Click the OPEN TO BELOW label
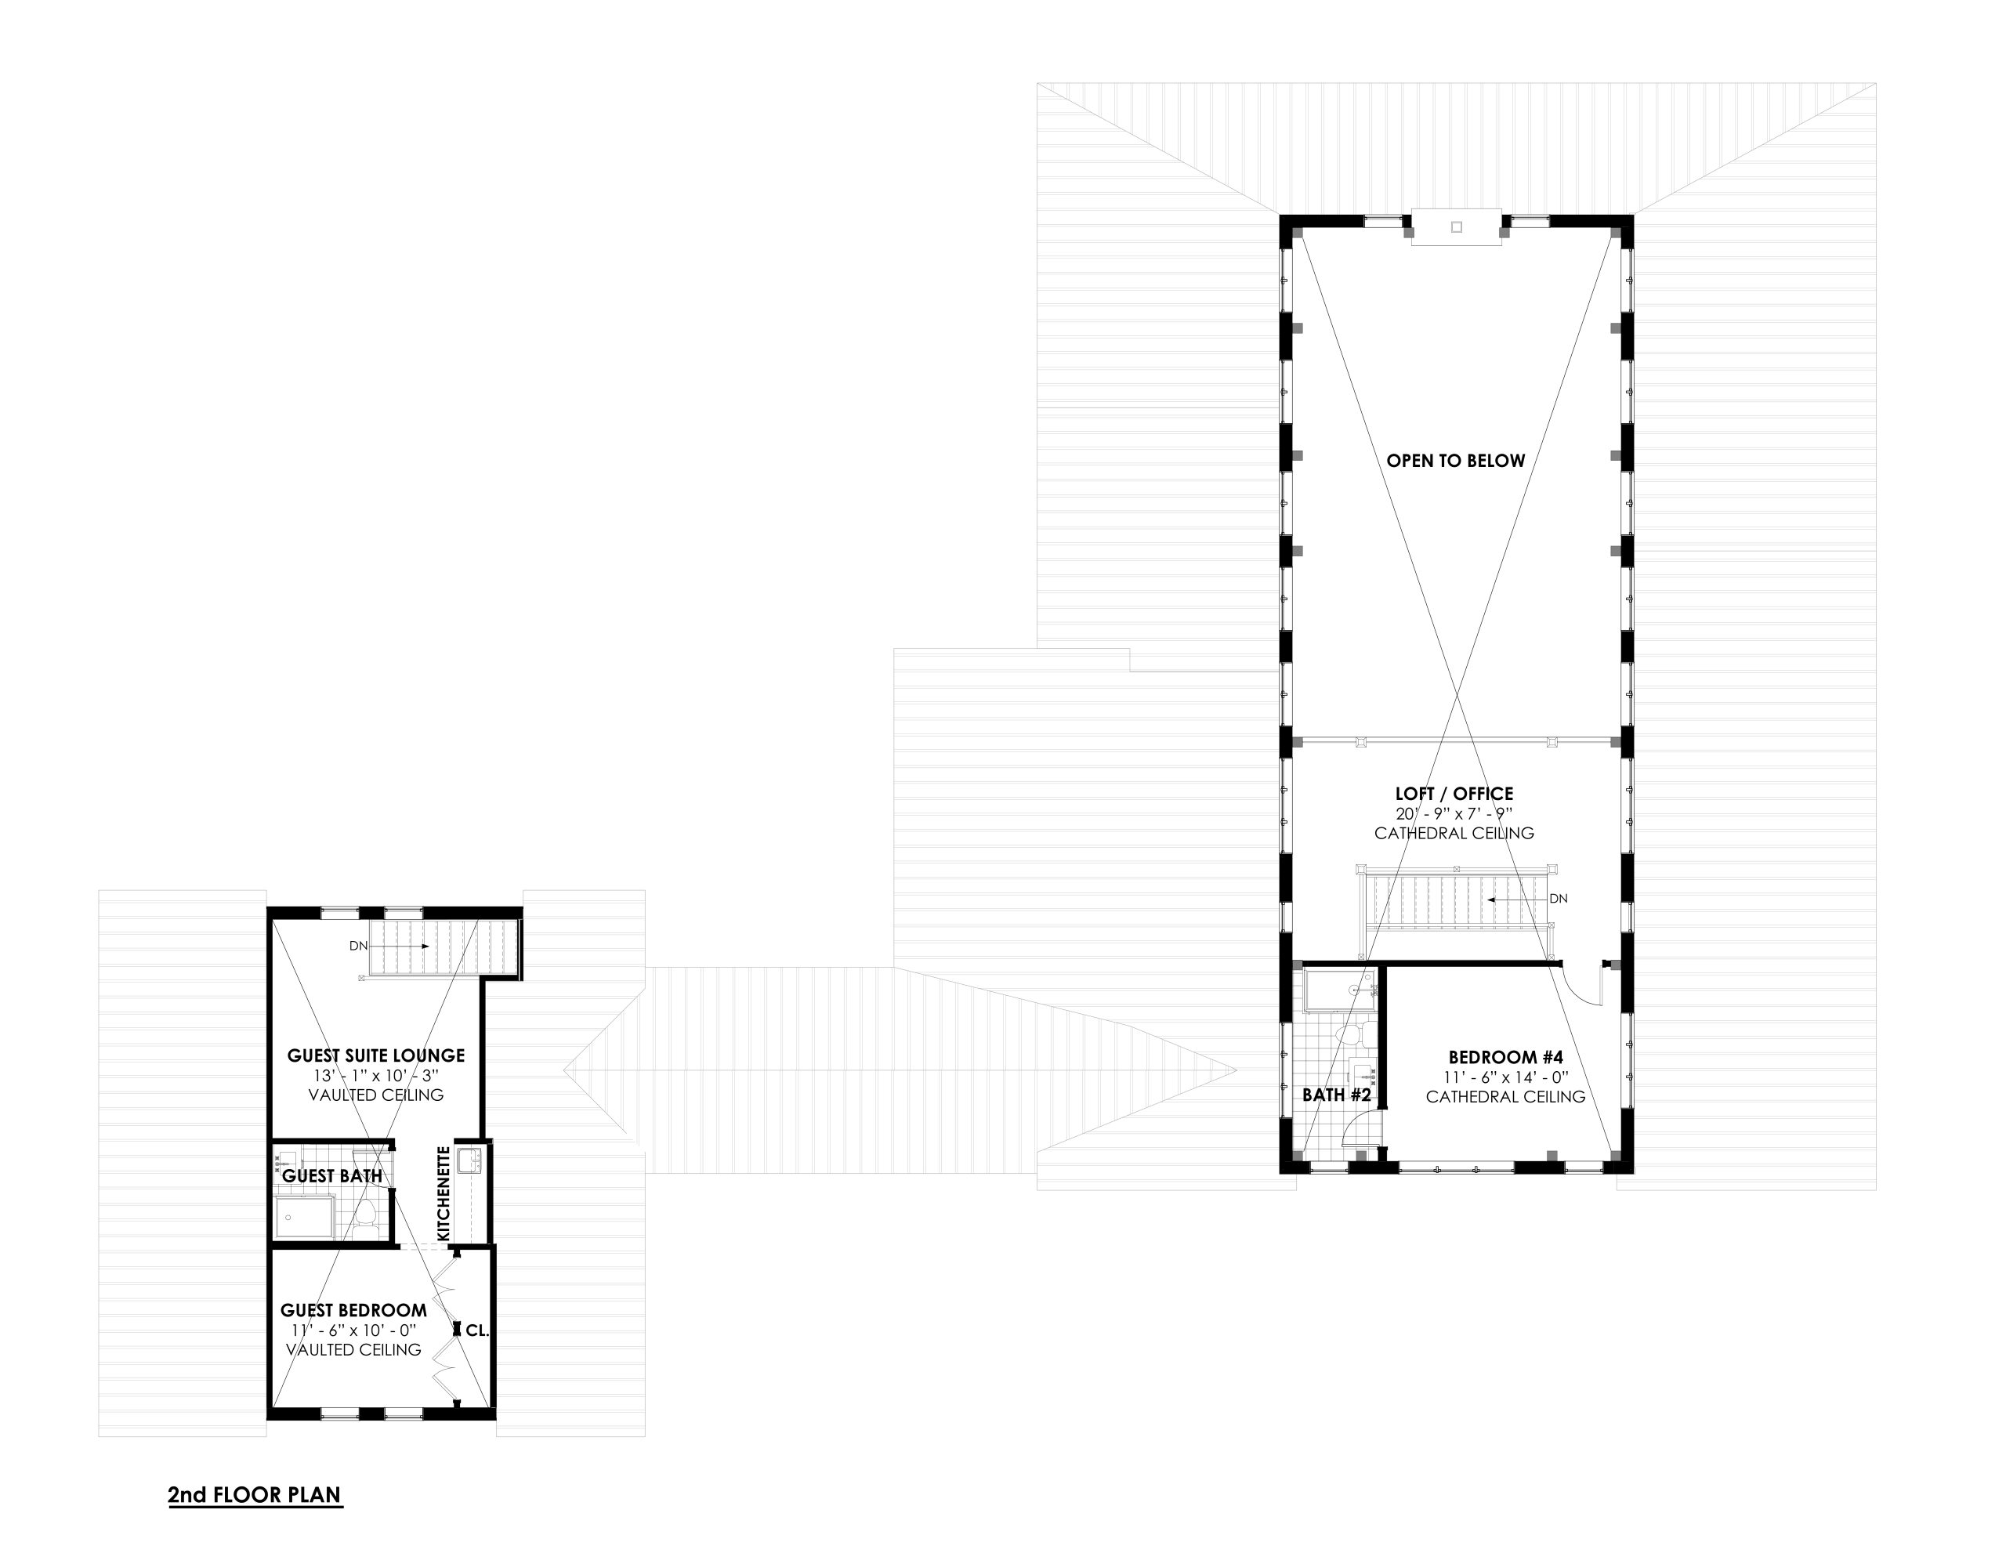(1455, 461)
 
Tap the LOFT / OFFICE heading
(1454, 794)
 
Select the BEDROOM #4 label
(1505, 1057)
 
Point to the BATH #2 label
(1336, 1095)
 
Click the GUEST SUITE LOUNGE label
(375, 1056)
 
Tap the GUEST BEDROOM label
(353, 1311)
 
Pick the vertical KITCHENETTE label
(444, 1193)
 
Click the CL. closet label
(476, 1330)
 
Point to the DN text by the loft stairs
(1558, 898)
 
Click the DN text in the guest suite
(358, 945)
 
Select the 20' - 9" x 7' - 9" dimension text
(1454, 813)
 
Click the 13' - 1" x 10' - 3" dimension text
(375, 1077)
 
